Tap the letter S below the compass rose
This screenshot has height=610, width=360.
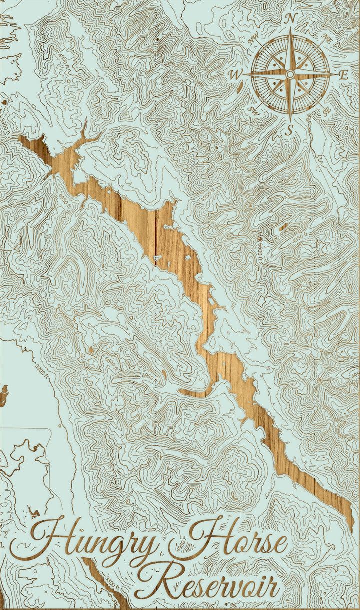pyautogui.click(x=289, y=131)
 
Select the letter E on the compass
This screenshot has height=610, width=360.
pyautogui.click(x=344, y=75)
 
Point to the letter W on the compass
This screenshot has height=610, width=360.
pyautogui.click(x=234, y=75)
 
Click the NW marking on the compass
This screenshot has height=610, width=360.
pyautogui.click(x=254, y=38)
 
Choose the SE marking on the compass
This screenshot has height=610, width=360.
pyautogui.click(x=327, y=112)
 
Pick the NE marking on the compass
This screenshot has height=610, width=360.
pyautogui.click(x=327, y=37)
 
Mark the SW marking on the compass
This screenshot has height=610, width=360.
pyautogui.click(x=253, y=110)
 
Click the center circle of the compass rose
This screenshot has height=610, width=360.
pyautogui.click(x=290, y=74)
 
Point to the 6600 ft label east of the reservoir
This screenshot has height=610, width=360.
pyautogui.click(x=260, y=247)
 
